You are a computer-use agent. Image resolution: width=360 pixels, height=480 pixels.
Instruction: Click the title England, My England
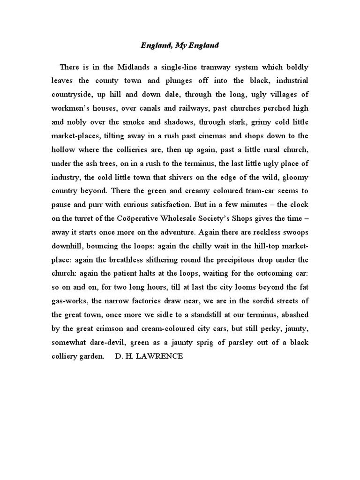point(180,45)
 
